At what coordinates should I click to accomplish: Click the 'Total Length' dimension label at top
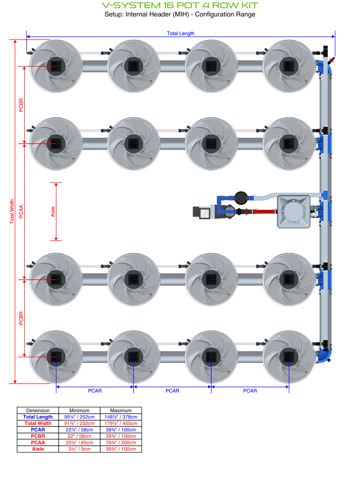(180, 33)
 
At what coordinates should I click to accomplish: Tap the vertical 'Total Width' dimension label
(12, 212)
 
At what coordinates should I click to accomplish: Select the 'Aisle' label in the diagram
(53, 212)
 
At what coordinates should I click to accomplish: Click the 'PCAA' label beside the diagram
(21, 212)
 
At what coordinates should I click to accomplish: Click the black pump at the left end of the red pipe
(203, 212)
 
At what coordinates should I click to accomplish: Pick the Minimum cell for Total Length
(79, 417)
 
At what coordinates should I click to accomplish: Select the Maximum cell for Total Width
(121, 423)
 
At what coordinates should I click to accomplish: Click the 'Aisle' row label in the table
(38, 449)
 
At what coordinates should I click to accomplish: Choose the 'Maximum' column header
(121, 410)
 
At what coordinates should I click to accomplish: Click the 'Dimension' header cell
(38, 410)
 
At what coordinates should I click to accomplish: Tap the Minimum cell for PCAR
(79, 430)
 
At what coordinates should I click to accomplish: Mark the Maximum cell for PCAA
(121, 443)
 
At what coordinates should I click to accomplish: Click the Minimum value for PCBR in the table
(79, 436)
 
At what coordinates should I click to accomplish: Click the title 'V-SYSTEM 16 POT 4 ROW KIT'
(180, 5)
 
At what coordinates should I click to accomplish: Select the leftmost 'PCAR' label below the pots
(95, 391)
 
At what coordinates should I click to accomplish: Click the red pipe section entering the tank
(266, 212)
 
